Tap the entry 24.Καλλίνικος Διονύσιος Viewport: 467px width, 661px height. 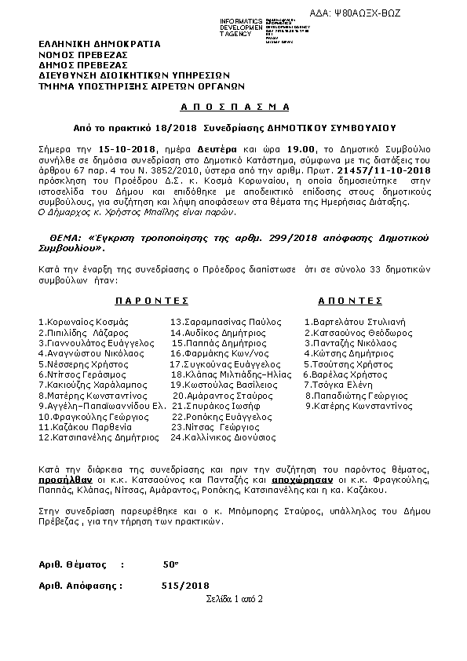pyautogui.click(x=223, y=436)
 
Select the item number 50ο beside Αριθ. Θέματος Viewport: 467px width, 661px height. pyautogui.click(x=170, y=564)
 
